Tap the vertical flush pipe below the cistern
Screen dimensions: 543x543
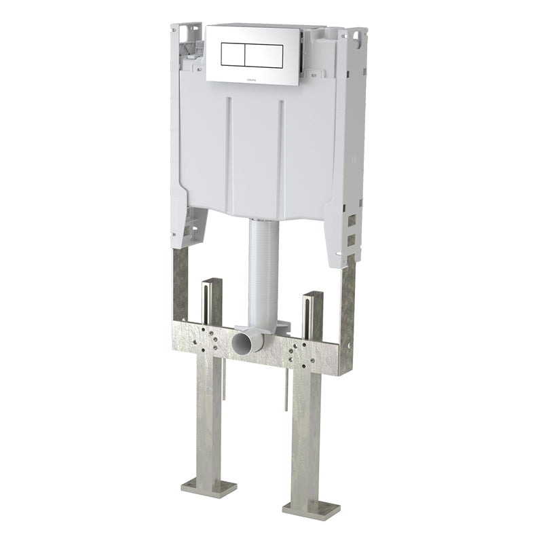pos(264,271)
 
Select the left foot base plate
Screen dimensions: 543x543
pos(209,487)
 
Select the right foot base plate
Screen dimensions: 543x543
pos(311,508)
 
